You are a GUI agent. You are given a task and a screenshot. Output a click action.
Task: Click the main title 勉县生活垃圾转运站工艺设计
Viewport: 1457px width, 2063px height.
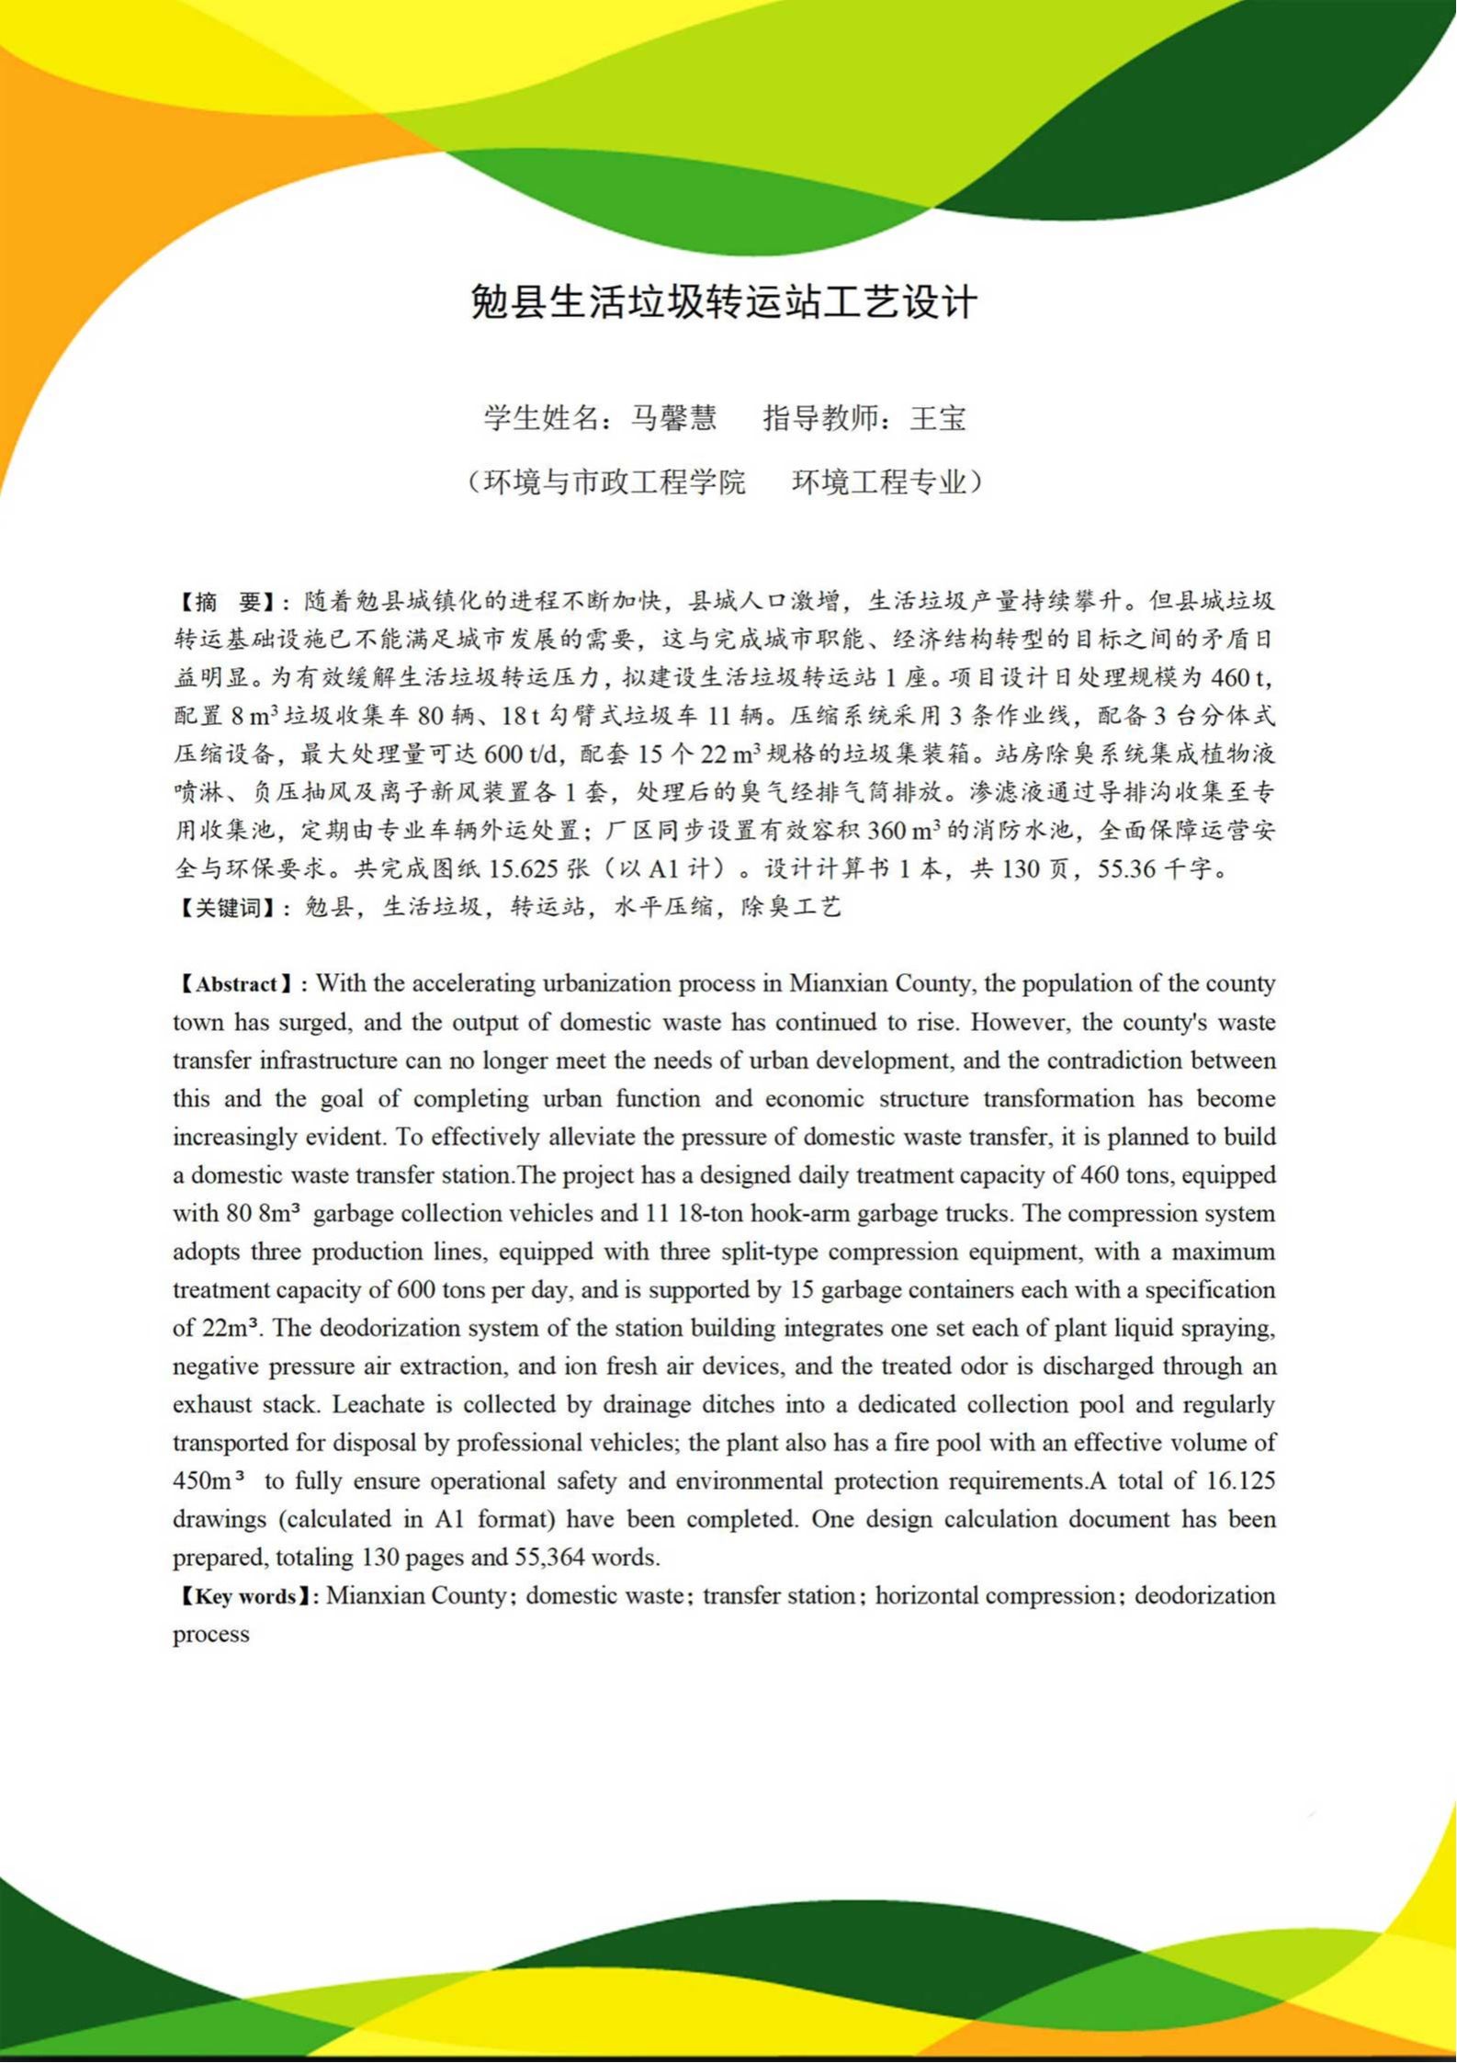click(x=724, y=302)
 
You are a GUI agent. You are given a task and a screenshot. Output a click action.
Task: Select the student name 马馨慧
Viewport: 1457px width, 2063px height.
click(x=673, y=419)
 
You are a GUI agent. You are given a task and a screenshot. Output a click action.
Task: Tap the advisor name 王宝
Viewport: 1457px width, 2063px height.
click(x=938, y=419)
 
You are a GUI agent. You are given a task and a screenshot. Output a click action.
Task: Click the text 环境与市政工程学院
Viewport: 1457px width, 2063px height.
click(x=614, y=482)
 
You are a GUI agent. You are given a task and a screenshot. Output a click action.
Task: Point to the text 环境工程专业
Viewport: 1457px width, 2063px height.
click(x=879, y=482)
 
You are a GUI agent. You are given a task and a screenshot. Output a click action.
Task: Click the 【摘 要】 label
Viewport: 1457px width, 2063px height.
click(x=224, y=602)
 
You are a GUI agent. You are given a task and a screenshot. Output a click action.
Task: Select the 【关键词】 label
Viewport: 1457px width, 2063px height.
click(x=224, y=908)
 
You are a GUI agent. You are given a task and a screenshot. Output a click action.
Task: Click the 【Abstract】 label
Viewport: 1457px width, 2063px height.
click(x=236, y=984)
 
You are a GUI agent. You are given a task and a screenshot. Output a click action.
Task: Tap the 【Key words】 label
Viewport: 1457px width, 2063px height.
click(x=245, y=1596)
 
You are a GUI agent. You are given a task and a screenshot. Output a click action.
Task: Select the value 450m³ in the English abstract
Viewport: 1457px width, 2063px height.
click(x=208, y=1481)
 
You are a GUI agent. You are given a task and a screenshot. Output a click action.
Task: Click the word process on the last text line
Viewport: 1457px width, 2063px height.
click(x=211, y=1634)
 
